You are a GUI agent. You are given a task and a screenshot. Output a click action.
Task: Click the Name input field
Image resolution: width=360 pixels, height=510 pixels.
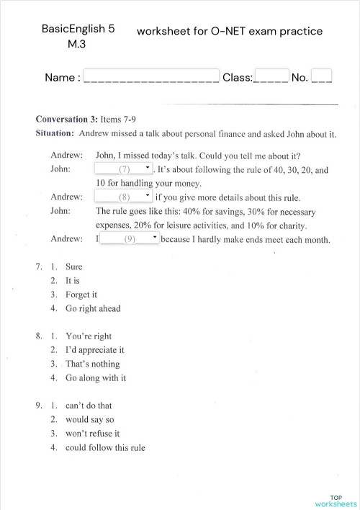151,76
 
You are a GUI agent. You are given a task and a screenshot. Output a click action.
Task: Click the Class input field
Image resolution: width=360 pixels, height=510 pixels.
271,76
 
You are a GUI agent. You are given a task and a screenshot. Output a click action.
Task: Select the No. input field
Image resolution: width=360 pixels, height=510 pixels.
322,76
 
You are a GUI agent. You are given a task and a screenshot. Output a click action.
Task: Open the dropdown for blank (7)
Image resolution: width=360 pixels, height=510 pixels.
124,169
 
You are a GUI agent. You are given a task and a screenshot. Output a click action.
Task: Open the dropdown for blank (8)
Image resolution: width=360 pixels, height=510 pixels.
124,196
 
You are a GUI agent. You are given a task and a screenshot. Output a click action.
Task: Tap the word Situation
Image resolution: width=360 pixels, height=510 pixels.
55,133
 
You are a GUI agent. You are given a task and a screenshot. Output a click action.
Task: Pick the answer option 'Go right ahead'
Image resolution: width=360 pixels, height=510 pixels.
93,308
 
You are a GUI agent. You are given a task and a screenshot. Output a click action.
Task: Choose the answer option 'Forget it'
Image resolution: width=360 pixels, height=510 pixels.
81,295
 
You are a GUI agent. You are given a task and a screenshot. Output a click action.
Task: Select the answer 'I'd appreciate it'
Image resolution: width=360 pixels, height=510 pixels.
95,350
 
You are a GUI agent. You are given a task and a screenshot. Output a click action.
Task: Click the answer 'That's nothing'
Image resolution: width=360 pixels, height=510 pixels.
92,364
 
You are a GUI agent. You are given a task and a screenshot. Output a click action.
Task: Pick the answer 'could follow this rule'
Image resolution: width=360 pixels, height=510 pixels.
105,447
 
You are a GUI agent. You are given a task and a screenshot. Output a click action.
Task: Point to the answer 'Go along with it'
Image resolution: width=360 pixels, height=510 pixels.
96,377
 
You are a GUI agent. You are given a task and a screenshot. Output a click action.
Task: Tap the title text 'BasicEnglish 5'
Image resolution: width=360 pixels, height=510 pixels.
78,30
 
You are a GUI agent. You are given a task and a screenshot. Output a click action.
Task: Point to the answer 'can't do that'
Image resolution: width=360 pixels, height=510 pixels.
89,406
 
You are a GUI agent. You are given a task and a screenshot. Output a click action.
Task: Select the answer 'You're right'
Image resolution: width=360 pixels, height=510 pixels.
89,336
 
